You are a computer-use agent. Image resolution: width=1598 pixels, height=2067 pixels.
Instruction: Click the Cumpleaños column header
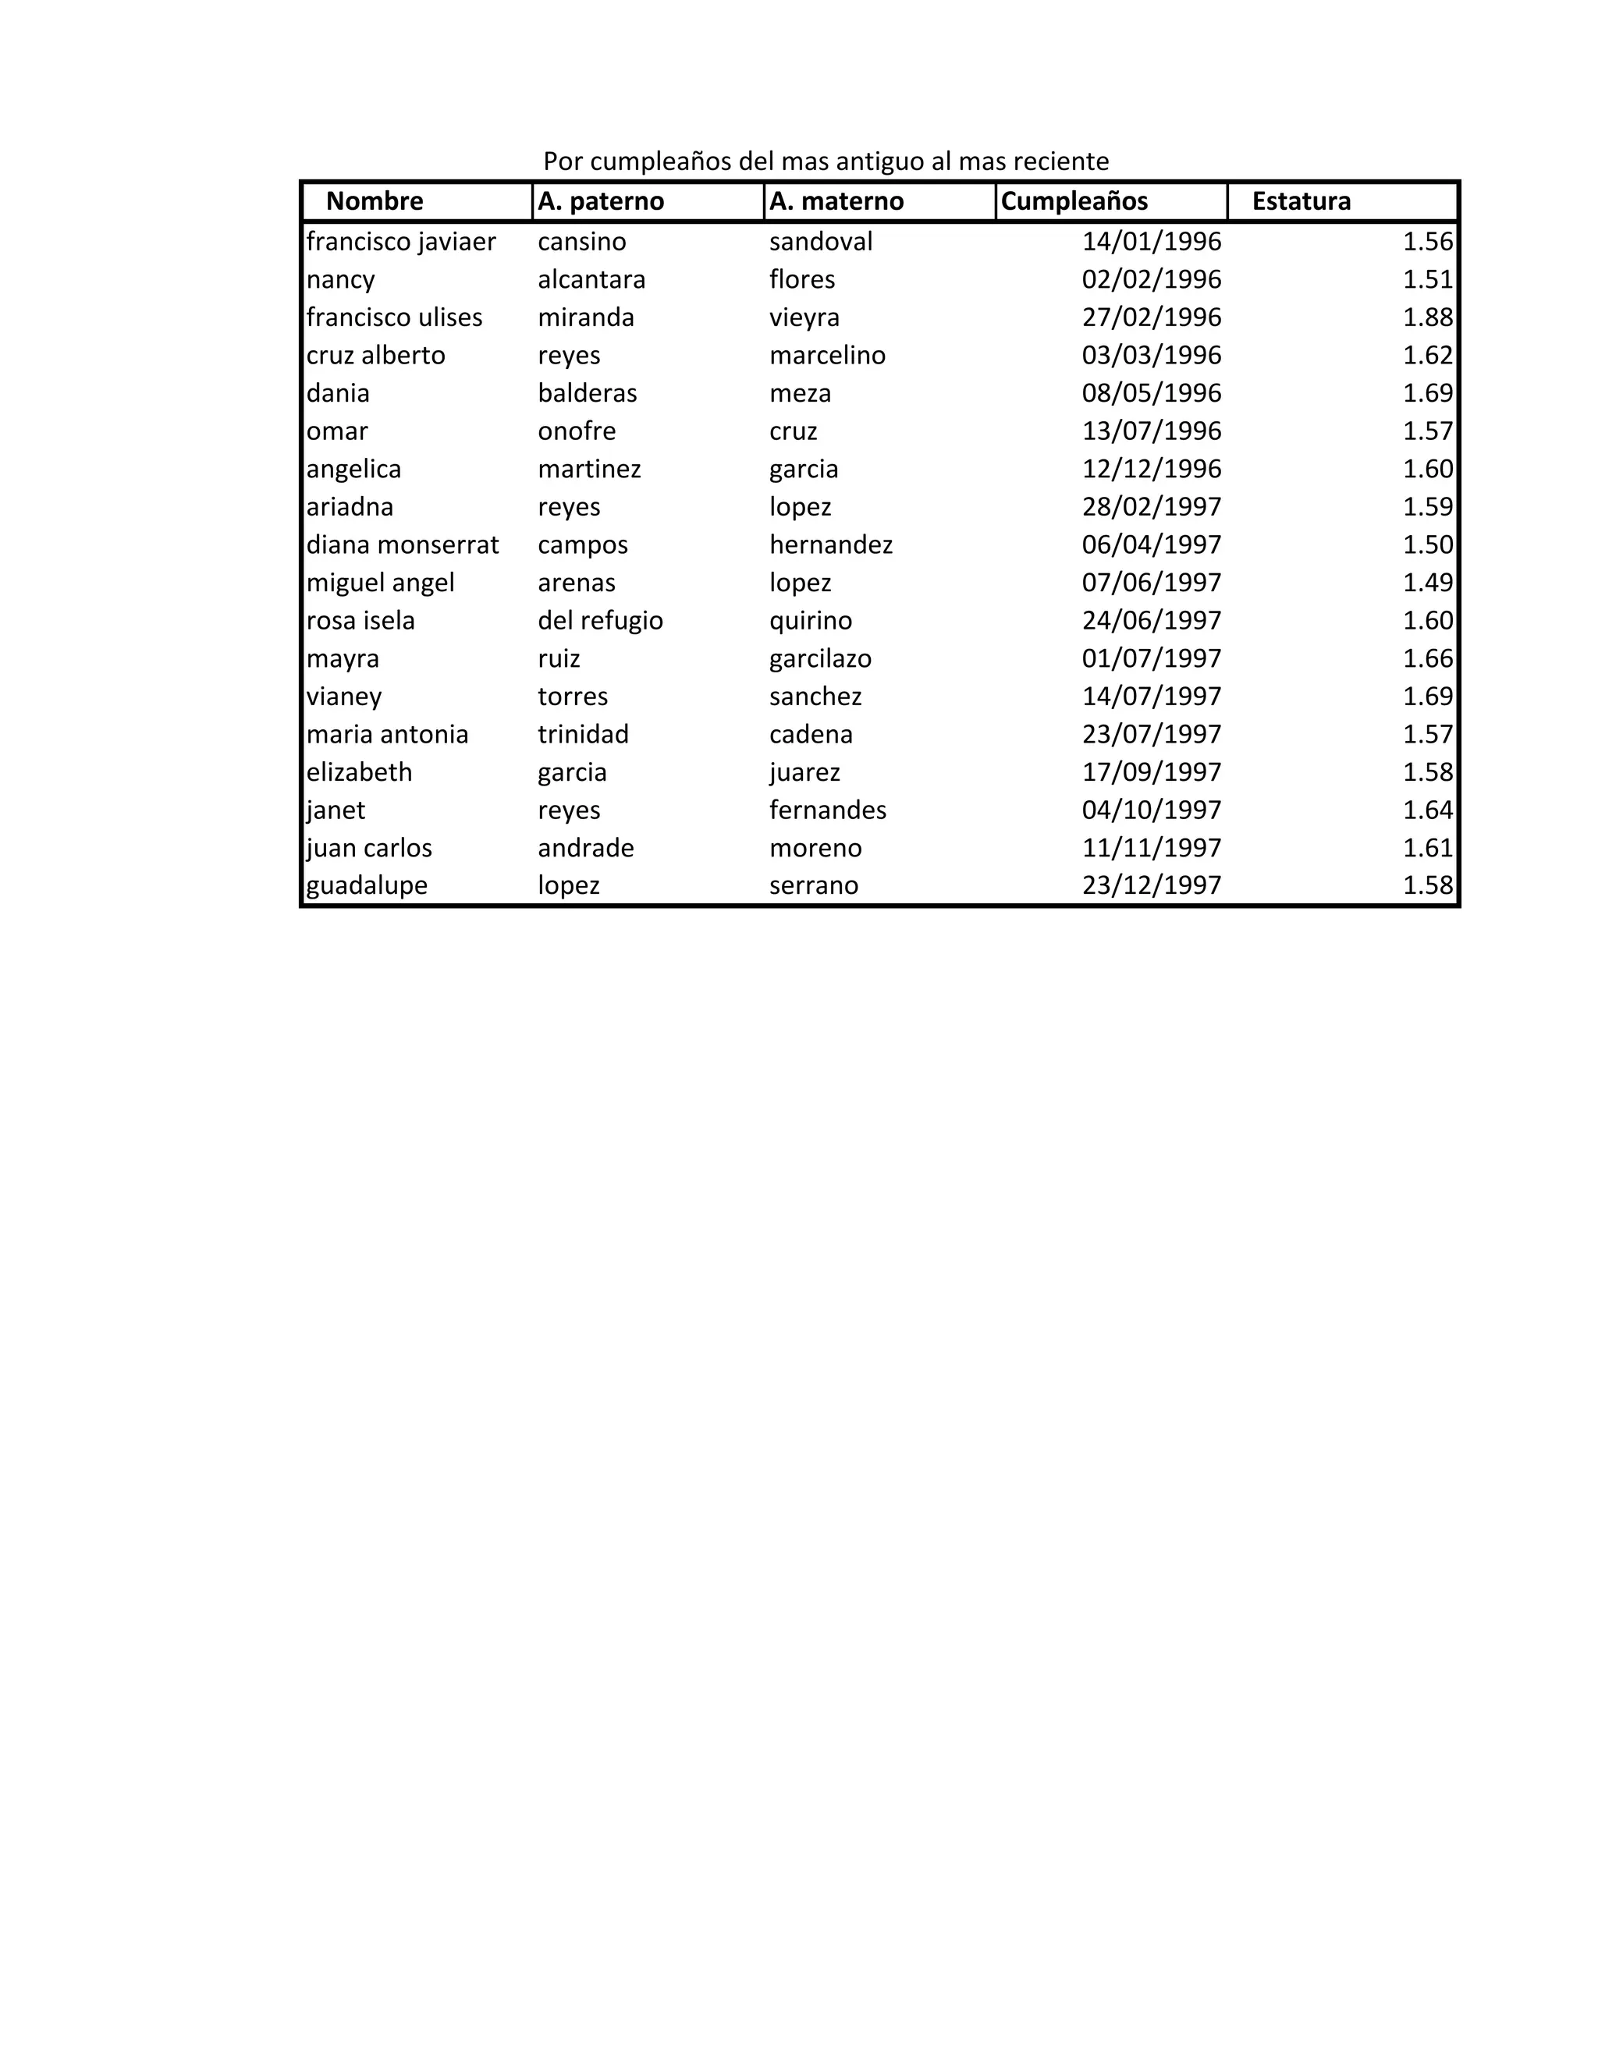click(x=1074, y=201)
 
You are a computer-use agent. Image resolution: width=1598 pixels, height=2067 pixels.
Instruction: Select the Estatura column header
click(x=1301, y=201)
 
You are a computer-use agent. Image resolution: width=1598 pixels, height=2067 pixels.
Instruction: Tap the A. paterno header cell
click(x=601, y=201)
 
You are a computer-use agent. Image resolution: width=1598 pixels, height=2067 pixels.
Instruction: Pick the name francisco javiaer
click(x=400, y=243)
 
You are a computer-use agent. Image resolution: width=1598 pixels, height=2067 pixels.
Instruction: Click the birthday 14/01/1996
click(x=1151, y=243)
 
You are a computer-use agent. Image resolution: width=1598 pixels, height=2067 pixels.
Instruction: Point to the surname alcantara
click(x=591, y=280)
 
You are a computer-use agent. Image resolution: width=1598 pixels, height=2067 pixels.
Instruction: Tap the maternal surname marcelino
click(x=827, y=356)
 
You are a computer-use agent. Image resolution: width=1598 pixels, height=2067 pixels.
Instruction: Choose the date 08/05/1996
click(x=1151, y=394)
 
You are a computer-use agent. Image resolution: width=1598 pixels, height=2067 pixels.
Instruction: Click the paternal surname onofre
click(x=577, y=431)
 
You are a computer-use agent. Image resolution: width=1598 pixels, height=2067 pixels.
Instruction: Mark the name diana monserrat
click(x=403, y=545)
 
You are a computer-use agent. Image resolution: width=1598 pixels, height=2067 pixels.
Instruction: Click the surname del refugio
click(x=600, y=621)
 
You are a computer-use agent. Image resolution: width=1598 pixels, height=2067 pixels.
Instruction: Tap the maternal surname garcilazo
click(x=820, y=659)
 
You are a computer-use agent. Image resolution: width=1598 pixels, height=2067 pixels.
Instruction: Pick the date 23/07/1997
click(x=1151, y=735)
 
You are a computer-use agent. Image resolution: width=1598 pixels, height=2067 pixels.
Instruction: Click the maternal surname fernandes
click(x=827, y=810)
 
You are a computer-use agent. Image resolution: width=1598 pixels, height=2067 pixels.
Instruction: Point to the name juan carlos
click(x=369, y=848)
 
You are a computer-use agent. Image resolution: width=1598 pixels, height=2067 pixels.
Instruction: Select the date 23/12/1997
click(x=1151, y=886)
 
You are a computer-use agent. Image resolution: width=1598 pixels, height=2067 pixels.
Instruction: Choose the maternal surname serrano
click(x=813, y=886)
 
